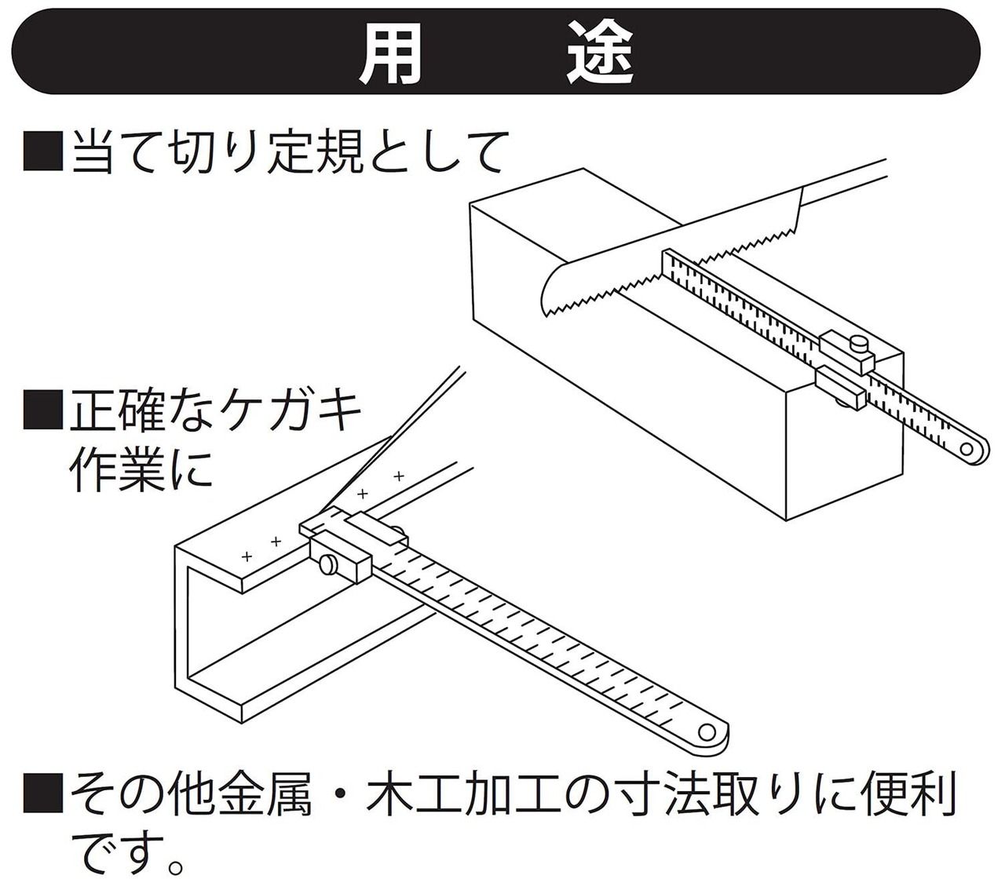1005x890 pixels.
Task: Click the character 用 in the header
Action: [390, 54]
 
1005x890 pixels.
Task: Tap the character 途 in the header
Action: [601, 54]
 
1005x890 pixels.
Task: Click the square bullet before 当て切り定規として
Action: [42, 151]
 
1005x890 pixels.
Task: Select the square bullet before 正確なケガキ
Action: [42, 409]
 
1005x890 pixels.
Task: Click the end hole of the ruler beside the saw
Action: [973, 450]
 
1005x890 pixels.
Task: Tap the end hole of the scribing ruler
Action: [707, 731]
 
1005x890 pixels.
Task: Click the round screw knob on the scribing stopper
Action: [325, 564]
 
